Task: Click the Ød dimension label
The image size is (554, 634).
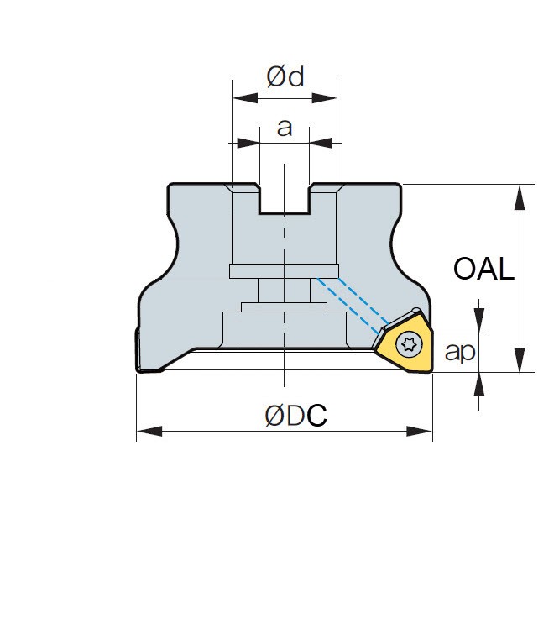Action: point(285,76)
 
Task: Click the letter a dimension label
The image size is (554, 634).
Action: point(285,128)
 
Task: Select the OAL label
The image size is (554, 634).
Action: point(483,269)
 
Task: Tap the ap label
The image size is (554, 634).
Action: point(459,352)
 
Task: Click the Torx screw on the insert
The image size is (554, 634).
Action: point(409,343)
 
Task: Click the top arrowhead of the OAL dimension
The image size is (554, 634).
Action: point(520,196)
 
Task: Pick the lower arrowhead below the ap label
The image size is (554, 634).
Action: point(479,384)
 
